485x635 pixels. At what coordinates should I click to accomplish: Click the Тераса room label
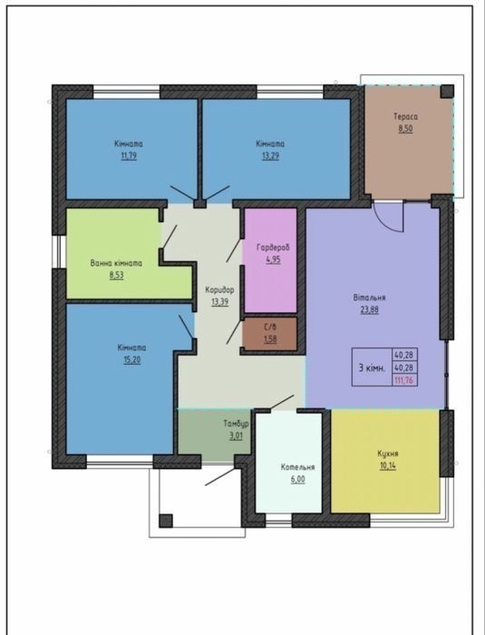coord(405,117)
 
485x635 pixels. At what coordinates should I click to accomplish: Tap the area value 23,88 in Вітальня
coord(369,310)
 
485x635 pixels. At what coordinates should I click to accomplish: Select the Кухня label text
coord(388,454)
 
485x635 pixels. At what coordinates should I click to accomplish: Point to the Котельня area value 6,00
coord(297,480)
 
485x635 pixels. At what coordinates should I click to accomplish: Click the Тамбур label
coord(236,424)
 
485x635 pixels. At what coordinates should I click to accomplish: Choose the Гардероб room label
coord(273,247)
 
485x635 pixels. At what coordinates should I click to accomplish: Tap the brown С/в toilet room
coord(269,334)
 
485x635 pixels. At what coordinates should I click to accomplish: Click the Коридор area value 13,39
coord(219,302)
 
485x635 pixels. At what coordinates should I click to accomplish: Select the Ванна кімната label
coord(116,263)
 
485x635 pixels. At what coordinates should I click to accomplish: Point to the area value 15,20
coord(132,359)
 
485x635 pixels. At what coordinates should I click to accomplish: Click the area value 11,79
coord(129,155)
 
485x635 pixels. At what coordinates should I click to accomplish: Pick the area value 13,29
coord(270,155)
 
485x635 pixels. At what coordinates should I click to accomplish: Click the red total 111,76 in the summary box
coord(404,380)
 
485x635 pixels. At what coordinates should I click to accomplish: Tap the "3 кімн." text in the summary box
coord(372,368)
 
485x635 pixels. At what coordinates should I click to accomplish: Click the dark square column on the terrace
coord(447,92)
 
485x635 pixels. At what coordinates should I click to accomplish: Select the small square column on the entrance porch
coord(166,521)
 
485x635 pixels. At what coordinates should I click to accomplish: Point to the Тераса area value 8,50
coord(405,129)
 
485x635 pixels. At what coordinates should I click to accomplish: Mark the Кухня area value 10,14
coord(388,465)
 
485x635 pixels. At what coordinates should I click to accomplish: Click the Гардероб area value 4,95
coord(273,259)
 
